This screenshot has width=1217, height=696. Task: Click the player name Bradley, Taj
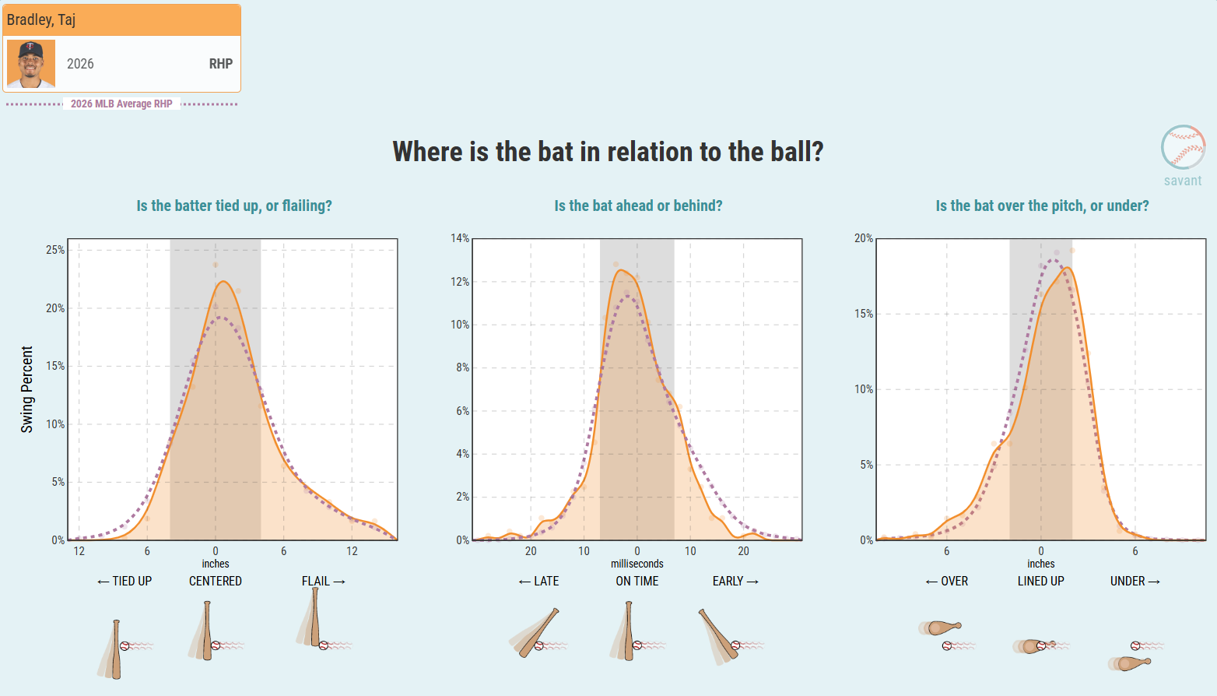click(x=40, y=19)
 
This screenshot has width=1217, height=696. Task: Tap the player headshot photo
click(x=31, y=64)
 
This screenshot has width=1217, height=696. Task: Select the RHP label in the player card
click(x=220, y=64)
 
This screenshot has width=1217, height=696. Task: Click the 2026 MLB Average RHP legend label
click(x=121, y=104)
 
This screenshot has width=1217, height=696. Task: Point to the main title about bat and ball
click(x=608, y=152)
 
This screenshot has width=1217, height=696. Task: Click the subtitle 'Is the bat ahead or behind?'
click(x=638, y=206)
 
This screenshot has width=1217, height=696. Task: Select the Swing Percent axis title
click(x=26, y=389)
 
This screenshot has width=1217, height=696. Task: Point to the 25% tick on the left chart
click(x=55, y=250)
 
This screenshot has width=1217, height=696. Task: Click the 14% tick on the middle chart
click(x=460, y=238)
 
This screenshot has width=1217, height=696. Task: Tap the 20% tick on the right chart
click(x=864, y=238)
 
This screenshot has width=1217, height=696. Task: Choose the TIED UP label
click(x=125, y=582)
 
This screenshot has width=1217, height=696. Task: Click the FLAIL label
click(x=323, y=582)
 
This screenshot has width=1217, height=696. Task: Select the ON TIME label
click(x=637, y=582)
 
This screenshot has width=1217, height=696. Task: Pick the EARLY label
click(x=735, y=582)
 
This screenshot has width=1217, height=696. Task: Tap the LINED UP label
click(x=1041, y=582)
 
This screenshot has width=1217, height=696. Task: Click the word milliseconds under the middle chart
click(x=637, y=564)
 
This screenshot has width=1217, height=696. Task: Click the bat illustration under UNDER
click(x=1130, y=663)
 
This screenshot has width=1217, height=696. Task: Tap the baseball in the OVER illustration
click(x=947, y=646)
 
